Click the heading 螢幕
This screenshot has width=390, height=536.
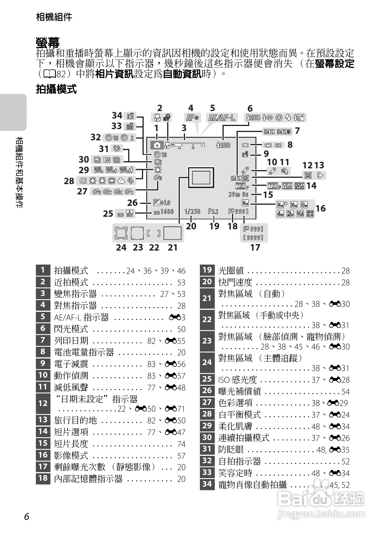click(48, 43)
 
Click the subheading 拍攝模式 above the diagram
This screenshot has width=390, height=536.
click(56, 89)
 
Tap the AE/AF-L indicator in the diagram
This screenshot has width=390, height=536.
click(222, 117)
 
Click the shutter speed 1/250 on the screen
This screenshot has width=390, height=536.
click(192, 211)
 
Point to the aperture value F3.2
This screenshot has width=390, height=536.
click(213, 211)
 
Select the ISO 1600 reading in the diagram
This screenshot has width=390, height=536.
click(164, 212)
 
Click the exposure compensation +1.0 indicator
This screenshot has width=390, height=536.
click(162, 203)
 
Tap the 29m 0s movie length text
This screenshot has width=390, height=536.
click(238, 194)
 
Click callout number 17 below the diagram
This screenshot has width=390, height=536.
click(255, 247)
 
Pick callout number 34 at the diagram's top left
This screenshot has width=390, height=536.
click(117, 115)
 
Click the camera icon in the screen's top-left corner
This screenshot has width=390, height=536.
click(157, 145)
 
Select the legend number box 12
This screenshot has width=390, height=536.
click(43, 403)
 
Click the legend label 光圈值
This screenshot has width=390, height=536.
click(231, 270)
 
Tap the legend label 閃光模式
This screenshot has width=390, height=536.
click(71, 329)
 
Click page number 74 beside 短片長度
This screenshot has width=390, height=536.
click(181, 444)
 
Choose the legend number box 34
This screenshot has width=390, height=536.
click(207, 484)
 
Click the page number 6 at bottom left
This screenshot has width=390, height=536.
click(27, 517)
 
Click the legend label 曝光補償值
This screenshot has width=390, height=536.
click(239, 391)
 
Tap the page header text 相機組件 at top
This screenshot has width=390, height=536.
click(54, 17)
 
